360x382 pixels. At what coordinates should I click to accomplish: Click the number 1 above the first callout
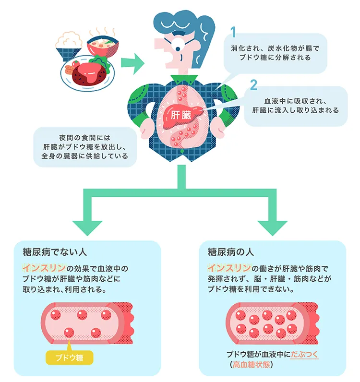pos(233,32)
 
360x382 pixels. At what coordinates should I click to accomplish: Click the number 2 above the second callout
pos(254,85)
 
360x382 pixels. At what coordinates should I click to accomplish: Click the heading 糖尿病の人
pos(230,252)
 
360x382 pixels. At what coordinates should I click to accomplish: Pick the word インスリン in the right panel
pos(228,268)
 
